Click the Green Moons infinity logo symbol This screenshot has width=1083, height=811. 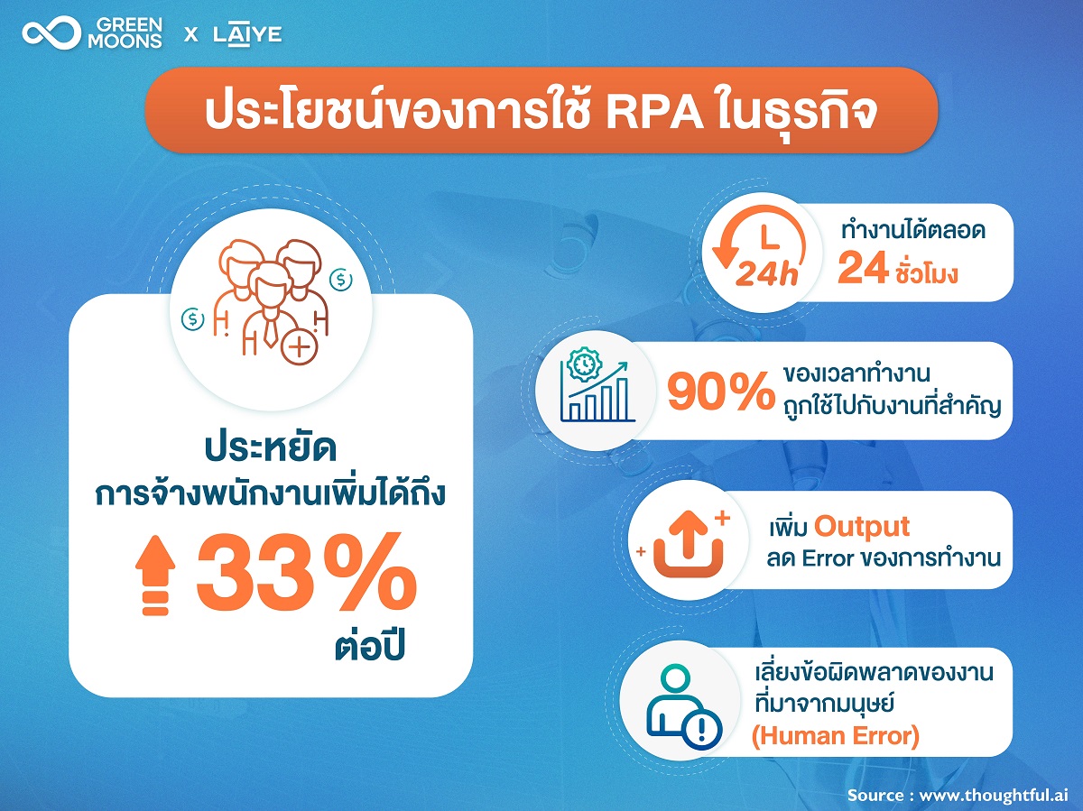(x=51, y=33)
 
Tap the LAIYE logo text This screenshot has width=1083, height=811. (x=247, y=35)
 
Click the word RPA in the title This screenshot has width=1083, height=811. (x=653, y=115)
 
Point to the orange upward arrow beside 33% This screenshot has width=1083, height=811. (x=156, y=576)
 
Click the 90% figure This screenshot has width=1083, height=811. (x=721, y=391)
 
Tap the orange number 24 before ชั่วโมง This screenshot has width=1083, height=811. (x=864, y=268)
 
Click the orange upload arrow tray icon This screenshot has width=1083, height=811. (x=689, y=544)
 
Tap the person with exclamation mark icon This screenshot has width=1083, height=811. (x=684, y=706)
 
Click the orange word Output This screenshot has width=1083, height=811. (x=862, y=527)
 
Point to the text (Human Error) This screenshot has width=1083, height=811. (x=836, y=736)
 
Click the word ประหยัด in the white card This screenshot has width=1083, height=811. (x=271, y=448)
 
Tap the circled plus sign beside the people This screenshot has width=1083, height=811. (x=299, y=346)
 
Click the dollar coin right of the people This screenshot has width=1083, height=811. (x=341, y=280)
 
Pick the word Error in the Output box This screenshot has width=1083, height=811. (x=828, y=558)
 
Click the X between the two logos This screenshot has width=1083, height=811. (x=191, y=35)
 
